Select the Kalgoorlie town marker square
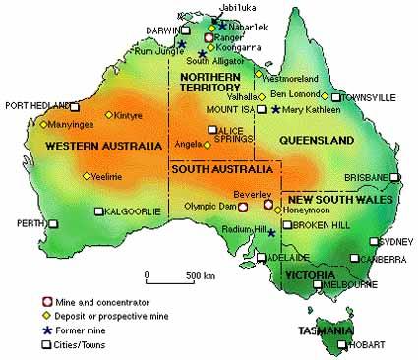(98, 211)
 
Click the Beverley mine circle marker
(268, 206)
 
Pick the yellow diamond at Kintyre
(110, 116)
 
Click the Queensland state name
(317, 142)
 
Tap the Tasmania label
(326, 330)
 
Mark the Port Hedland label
(35, 104)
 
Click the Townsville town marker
(335, 97)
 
